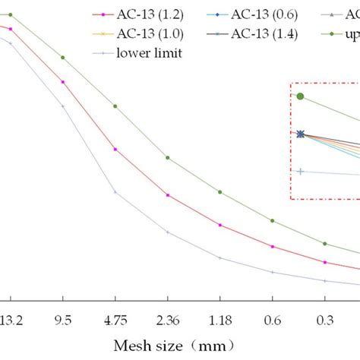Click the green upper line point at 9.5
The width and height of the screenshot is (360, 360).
tap(63, 57)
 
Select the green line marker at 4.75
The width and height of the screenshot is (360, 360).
tap(115, 106)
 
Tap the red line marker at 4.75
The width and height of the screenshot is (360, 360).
tap(115, 149)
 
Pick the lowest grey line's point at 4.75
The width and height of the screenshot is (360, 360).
tap(115, 191)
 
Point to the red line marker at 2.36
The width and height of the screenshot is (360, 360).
tap(168, 195)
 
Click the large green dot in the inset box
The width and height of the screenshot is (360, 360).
tap(301, 96)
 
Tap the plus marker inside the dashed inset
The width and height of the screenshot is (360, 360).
tap(301, 172)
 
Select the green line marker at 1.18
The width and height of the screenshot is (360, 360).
tap(220, 191)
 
